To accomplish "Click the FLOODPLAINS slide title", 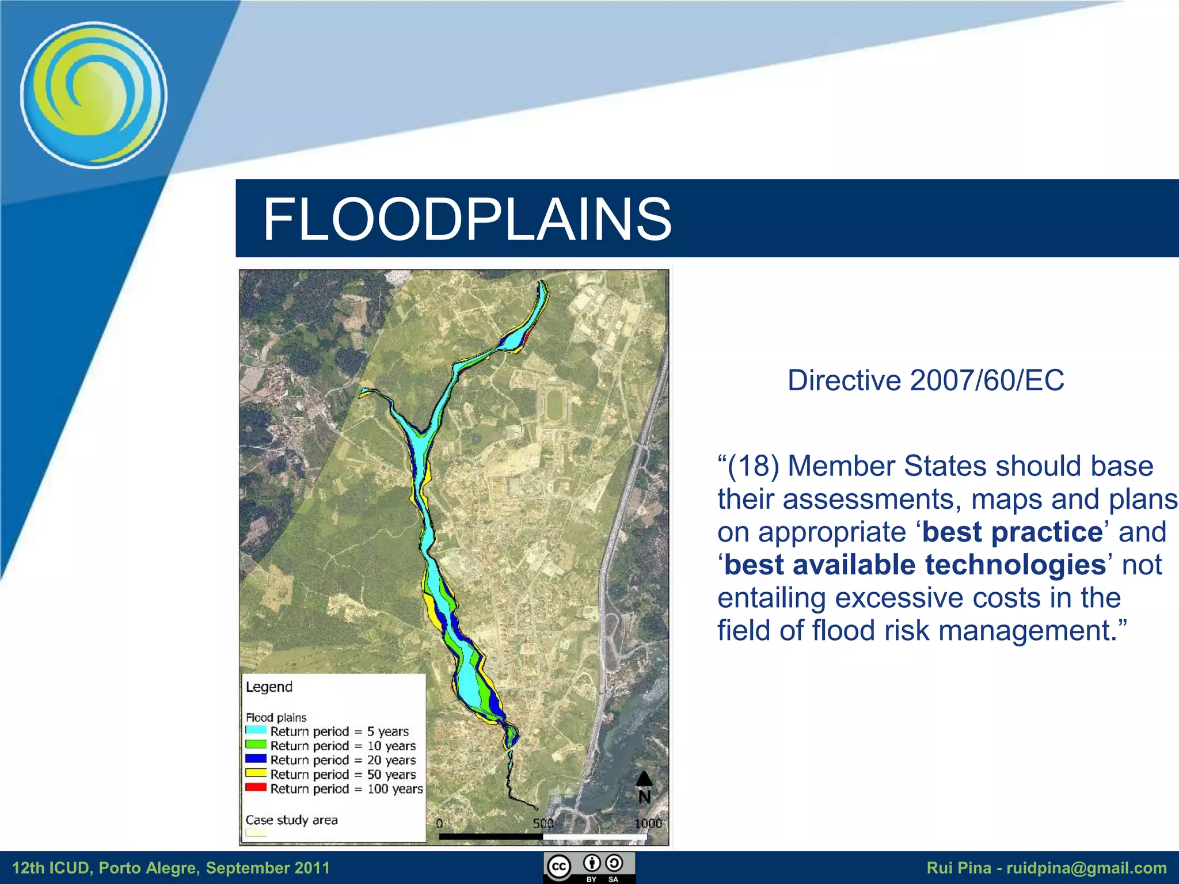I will point(467,219).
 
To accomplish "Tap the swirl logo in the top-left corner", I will point(94,95).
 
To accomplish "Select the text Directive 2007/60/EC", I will point(925,380).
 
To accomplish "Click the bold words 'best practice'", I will point(1012,532).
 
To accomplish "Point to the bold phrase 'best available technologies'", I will point(915,565).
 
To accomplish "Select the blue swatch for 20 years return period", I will point(256,759).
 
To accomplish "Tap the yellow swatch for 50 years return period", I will point(256,773).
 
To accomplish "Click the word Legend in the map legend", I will point(269,687).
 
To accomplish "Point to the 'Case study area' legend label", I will point(291,820).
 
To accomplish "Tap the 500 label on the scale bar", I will point(543,824).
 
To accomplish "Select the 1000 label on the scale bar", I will point(648,824).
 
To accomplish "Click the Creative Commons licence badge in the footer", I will point(589,867).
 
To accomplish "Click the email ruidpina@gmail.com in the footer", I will point(1086,868).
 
